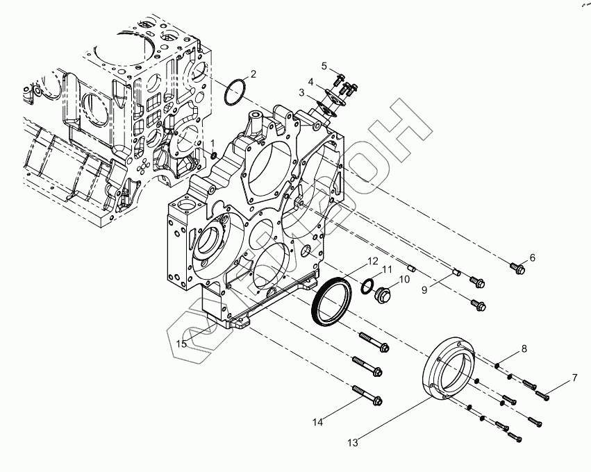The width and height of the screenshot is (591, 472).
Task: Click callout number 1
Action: pyautogui.click(x=213, y=143)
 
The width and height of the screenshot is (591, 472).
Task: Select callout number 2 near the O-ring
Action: pyautogui.click(x=253, y=74)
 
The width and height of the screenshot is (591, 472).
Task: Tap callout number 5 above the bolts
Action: pyautogui.click(x=324, y=65)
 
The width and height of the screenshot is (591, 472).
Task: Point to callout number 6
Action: pyautogui.click(x=532, y=258)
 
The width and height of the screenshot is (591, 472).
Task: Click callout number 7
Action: pyautogui.click(x=574, y=378)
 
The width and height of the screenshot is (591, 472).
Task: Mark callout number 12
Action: pyautogui.click(x=373, y=261)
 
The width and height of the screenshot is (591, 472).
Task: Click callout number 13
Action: pyautogui.click(x=352, y=442)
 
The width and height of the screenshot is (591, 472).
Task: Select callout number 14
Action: pyautogui.click(x=317, y=421)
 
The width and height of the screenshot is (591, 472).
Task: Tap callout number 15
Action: pyautogui.click(x=181, y=344)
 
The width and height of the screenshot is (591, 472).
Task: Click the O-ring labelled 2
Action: pyautogui.click(x=235, y=93)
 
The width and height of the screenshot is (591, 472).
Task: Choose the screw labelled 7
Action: pyautogui.click(x=542, y=396)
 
